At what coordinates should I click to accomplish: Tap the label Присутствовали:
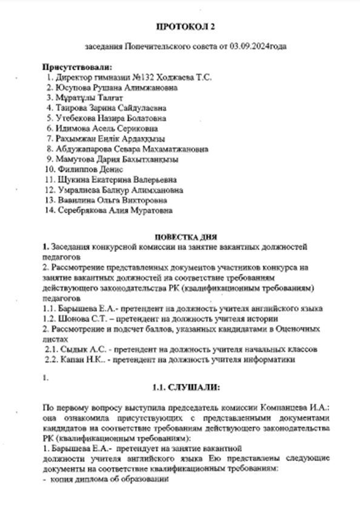(77, 67)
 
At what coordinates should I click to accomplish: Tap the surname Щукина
(72, 180)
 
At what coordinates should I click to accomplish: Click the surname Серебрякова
(82, 211)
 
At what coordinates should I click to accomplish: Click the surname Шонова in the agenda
(69, 318)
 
